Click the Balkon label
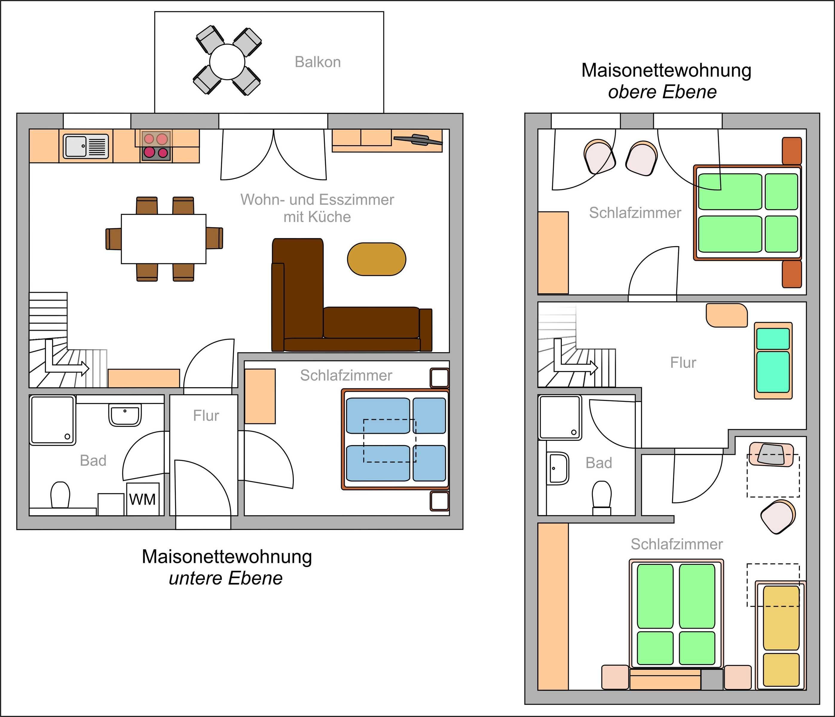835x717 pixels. click(318, 62)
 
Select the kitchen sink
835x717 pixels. click(86, 146)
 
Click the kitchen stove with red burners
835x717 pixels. click(156, 146)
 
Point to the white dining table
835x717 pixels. click(163, 239)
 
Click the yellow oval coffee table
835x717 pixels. click(377, 259)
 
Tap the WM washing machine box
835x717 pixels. click(143, 499)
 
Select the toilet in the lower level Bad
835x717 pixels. click(60, 495)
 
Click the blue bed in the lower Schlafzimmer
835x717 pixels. click(396, 439)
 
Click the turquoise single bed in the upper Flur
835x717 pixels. click(773, 361)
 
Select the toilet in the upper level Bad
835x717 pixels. click(602, 498)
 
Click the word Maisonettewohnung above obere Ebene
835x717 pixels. click(666, 71)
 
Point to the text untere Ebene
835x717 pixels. click(226, 578)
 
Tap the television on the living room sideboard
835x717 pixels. click(417, 140)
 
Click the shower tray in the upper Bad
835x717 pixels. click(560, 418)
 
